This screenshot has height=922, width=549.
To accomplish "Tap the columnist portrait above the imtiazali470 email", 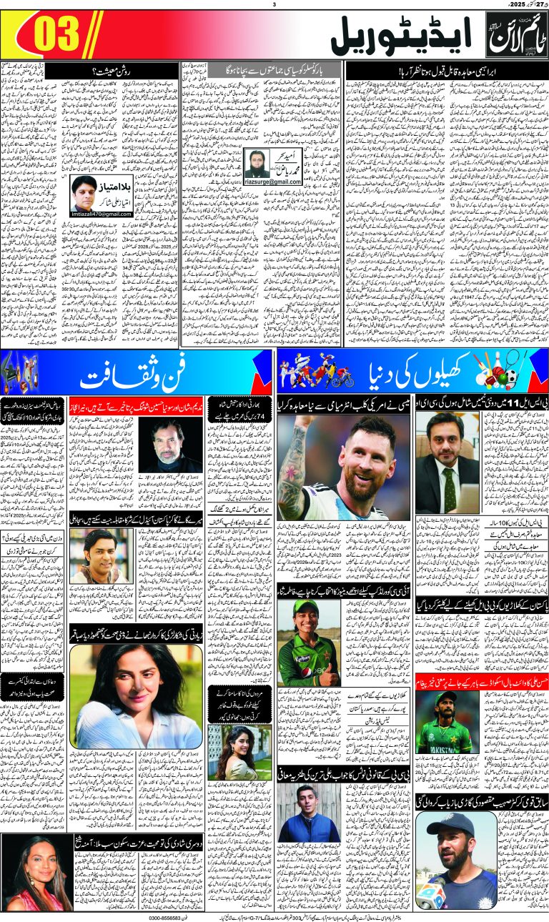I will pyautogui.click(x=85, y=194).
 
